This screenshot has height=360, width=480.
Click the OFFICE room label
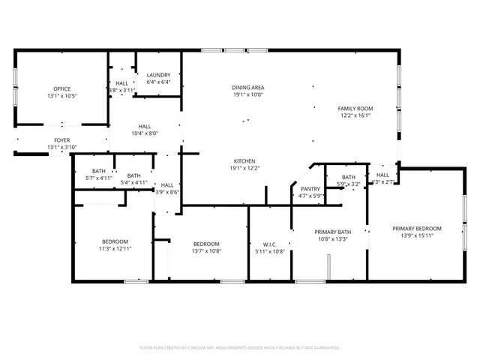pos(61,88)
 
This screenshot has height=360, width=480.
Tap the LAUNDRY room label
pos(159,75)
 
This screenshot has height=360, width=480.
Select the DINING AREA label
pos(247,88)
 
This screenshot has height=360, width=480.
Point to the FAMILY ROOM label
pos(356,109)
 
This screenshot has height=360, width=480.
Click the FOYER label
pos(62,140)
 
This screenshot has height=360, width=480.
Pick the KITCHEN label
pos(245,161)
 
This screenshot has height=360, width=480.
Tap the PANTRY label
pos(310,189)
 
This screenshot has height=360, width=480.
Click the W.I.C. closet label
pos(270,244)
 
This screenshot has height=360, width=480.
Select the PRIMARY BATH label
pos(332,232)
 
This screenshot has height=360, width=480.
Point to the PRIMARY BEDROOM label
pos(418,229)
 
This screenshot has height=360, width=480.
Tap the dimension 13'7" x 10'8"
pos(206,251)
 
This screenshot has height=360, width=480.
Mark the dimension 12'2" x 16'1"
pos(356,116)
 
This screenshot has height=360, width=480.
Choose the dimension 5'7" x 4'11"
pos(98,178)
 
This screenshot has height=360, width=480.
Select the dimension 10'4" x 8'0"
pos(145,133)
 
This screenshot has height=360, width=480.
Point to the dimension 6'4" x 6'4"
pos(159,82)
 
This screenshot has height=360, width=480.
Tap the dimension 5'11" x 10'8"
pos(270,251)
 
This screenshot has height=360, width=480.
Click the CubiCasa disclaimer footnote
pos(240,348)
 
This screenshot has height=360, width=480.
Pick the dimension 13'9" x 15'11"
pos(418,235)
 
